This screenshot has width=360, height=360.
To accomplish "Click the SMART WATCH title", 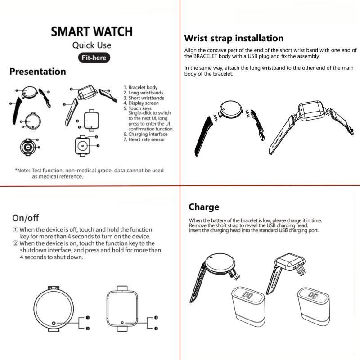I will tap(92, 31).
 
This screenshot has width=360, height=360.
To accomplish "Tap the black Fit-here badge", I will tap(94, 58).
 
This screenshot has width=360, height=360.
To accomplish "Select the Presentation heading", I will tap(38, 72).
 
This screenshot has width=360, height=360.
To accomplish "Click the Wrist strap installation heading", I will tap(234, 38).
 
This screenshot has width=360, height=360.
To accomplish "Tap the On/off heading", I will tap(26, 218).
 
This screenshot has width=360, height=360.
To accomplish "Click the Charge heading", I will tap(204, 207).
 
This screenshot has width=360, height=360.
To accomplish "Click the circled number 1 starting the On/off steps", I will tap(15, 230).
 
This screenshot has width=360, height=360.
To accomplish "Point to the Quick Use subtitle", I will tap(92, 45).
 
